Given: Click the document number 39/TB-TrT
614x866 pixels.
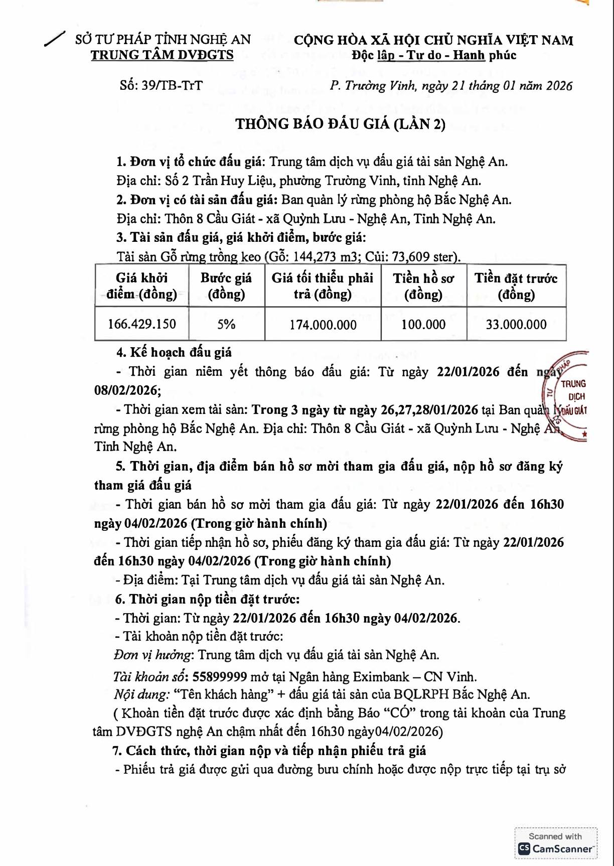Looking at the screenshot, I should [172, 85].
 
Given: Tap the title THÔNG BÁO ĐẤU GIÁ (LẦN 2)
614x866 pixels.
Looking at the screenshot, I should [341, 124].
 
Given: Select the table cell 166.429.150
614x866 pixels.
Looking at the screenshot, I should [142, 324].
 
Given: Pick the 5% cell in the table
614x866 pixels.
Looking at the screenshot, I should [226, 324].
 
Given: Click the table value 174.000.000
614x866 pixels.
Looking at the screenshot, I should [323, 325].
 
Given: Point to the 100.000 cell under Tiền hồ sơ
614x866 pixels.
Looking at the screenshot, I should [423, 325].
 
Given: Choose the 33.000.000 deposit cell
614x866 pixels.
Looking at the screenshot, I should [516, 325].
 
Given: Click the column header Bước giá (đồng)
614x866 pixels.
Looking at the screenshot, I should [226, 286].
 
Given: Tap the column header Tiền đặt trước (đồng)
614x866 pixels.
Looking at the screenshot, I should [516, 286].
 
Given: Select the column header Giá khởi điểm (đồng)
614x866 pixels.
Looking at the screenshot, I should [142, 286].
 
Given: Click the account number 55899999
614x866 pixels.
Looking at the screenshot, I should [220, 677].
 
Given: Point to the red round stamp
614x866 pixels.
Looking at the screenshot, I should [567, 396].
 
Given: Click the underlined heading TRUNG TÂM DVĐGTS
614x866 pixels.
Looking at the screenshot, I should [162, 55].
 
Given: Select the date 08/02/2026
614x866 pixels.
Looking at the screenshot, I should [127, 390].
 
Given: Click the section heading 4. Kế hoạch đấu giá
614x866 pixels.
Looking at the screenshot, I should [174, 352].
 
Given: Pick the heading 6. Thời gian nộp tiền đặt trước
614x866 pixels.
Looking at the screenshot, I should [207, 599].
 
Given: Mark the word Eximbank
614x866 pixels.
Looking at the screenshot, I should [381, 677].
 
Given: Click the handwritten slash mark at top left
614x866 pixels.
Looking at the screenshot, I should [55, 39].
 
